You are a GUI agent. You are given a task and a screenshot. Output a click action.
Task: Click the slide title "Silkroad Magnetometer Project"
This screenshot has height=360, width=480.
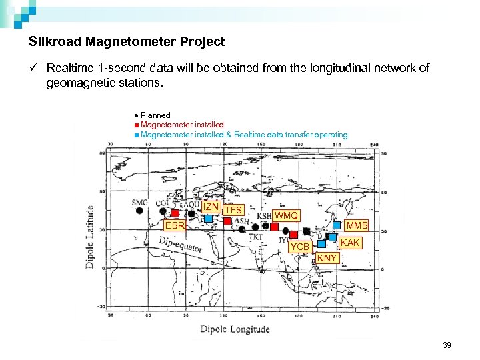coord(127,41)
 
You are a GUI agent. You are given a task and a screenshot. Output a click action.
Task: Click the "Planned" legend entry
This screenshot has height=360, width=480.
coord(155,115)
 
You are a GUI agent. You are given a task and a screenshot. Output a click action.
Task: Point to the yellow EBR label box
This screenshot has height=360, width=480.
coord(175,225)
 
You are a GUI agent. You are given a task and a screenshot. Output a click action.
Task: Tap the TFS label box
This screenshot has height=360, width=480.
coord(233,211)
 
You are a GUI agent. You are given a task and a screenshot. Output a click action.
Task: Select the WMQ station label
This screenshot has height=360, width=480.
coord(286,216)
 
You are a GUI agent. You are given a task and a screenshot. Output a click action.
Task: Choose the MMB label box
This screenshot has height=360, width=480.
coord(357,226)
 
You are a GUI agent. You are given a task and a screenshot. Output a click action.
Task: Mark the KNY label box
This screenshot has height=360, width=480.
coord(327,258)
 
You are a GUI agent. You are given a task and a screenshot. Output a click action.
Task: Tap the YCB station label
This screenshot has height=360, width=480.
coord(299,247)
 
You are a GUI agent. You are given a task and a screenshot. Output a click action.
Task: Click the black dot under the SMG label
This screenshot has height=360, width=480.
coord(139,211)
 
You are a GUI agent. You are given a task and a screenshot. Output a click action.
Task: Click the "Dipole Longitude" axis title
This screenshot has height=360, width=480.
coord(235,329)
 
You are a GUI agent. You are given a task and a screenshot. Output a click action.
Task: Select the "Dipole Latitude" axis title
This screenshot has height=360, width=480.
coord(90,236)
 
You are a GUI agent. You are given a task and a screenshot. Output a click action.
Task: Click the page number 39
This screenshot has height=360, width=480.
coord(446,345)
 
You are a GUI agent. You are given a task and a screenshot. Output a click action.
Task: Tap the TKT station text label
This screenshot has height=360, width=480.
coord(255,236)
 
